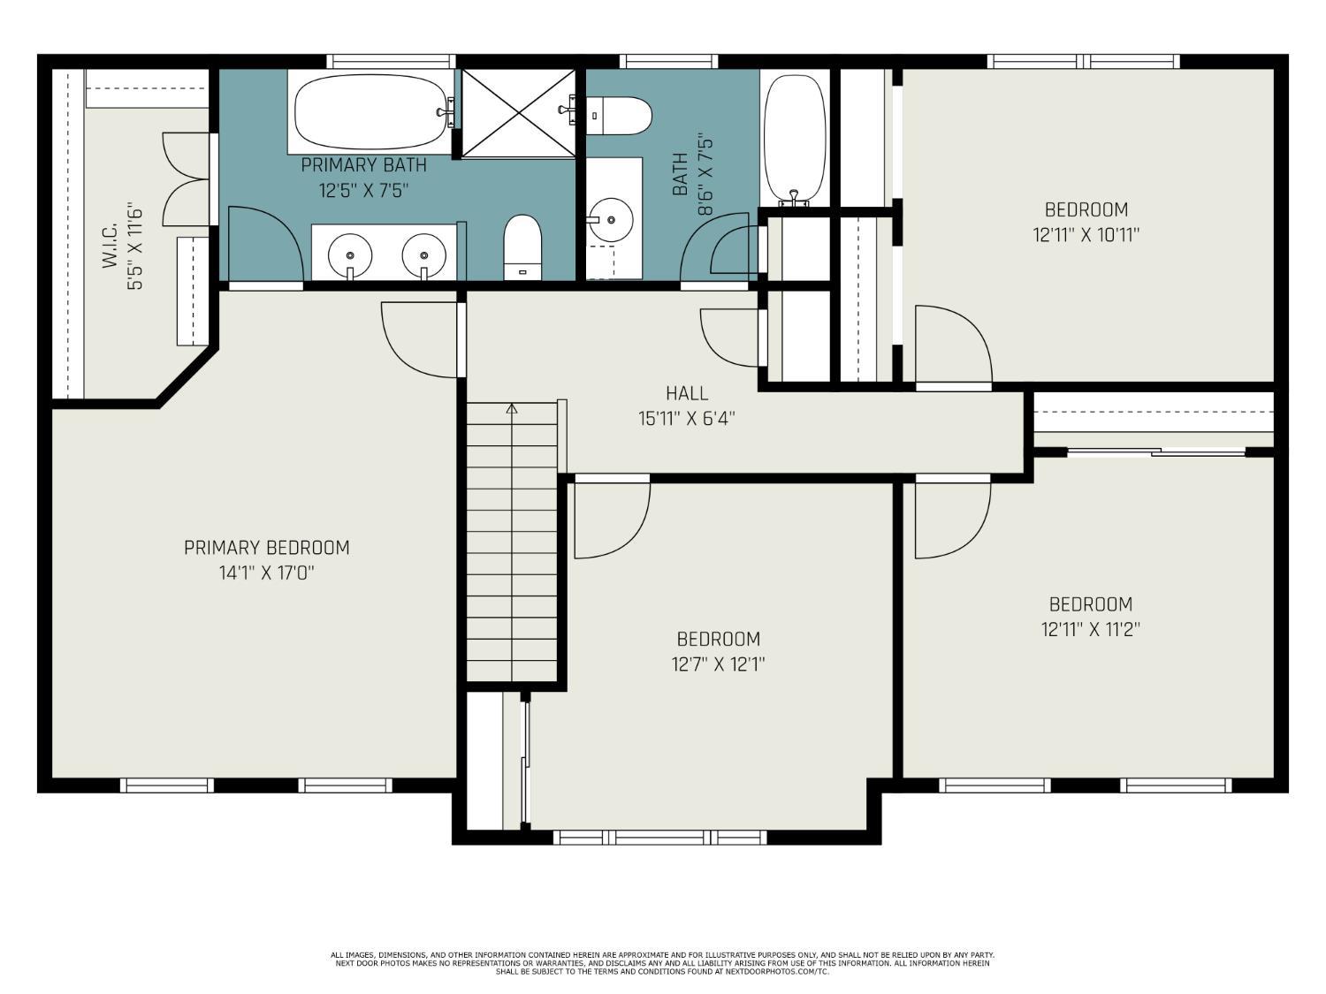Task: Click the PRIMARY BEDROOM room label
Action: (x=266, y=548)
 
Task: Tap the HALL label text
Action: (x=687, y=393)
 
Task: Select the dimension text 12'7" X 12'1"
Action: (x=719, y=664)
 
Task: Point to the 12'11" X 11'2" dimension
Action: (x=1090, y=629)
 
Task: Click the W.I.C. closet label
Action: (x=110, y=247)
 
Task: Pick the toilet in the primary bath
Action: (x=522, y=247)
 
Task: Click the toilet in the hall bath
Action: (x=619, y=116)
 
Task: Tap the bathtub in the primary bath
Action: (x=371, y=111)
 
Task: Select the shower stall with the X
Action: (x=518, y=113)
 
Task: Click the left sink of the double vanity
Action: (x=350, y=254)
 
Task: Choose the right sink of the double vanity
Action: (x=424, y=254)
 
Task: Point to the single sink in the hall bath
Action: (x=611, y=220)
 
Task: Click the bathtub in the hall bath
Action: (x=795, y=140)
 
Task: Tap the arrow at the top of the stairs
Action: (x=512, y=408)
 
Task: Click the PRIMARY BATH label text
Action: (x=363, y=164)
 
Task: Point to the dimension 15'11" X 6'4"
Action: (x=687, y=418)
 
